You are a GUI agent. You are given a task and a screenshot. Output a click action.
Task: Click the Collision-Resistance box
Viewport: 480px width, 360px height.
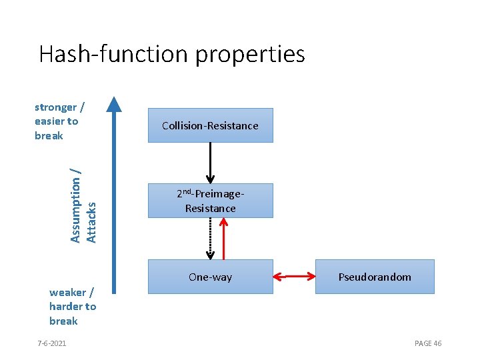tap(210, 125)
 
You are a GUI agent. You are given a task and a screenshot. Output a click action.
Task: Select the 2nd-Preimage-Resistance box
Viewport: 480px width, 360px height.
tap(210, 201)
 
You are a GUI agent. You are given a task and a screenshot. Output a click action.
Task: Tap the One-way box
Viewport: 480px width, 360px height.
tap(210, 277)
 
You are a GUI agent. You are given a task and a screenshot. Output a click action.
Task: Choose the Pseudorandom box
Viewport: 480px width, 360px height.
tap(374, 277)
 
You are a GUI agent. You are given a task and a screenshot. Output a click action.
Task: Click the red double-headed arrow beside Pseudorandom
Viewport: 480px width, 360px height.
tap(294, 275)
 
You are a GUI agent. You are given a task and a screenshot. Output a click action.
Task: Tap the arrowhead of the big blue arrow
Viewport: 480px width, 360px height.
tap(115, 104)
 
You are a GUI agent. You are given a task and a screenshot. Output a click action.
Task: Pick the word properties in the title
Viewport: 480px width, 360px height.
tap(250, 54)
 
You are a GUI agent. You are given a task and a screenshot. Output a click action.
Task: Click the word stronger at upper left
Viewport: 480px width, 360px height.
tap(55, 107)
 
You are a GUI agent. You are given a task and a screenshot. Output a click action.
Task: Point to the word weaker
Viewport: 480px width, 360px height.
tap(67, 292)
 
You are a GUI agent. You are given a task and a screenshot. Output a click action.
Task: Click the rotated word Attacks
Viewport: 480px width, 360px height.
tap(93, 222)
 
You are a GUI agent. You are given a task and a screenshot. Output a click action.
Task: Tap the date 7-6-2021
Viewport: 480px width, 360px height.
tap(51, 343)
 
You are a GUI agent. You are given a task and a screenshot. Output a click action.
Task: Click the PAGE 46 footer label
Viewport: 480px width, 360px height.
tap(428, 343)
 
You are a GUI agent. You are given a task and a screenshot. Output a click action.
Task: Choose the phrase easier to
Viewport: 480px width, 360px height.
tap(56, 121)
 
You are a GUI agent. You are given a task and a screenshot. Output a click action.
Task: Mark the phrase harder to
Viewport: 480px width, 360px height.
tap(73, 307)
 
